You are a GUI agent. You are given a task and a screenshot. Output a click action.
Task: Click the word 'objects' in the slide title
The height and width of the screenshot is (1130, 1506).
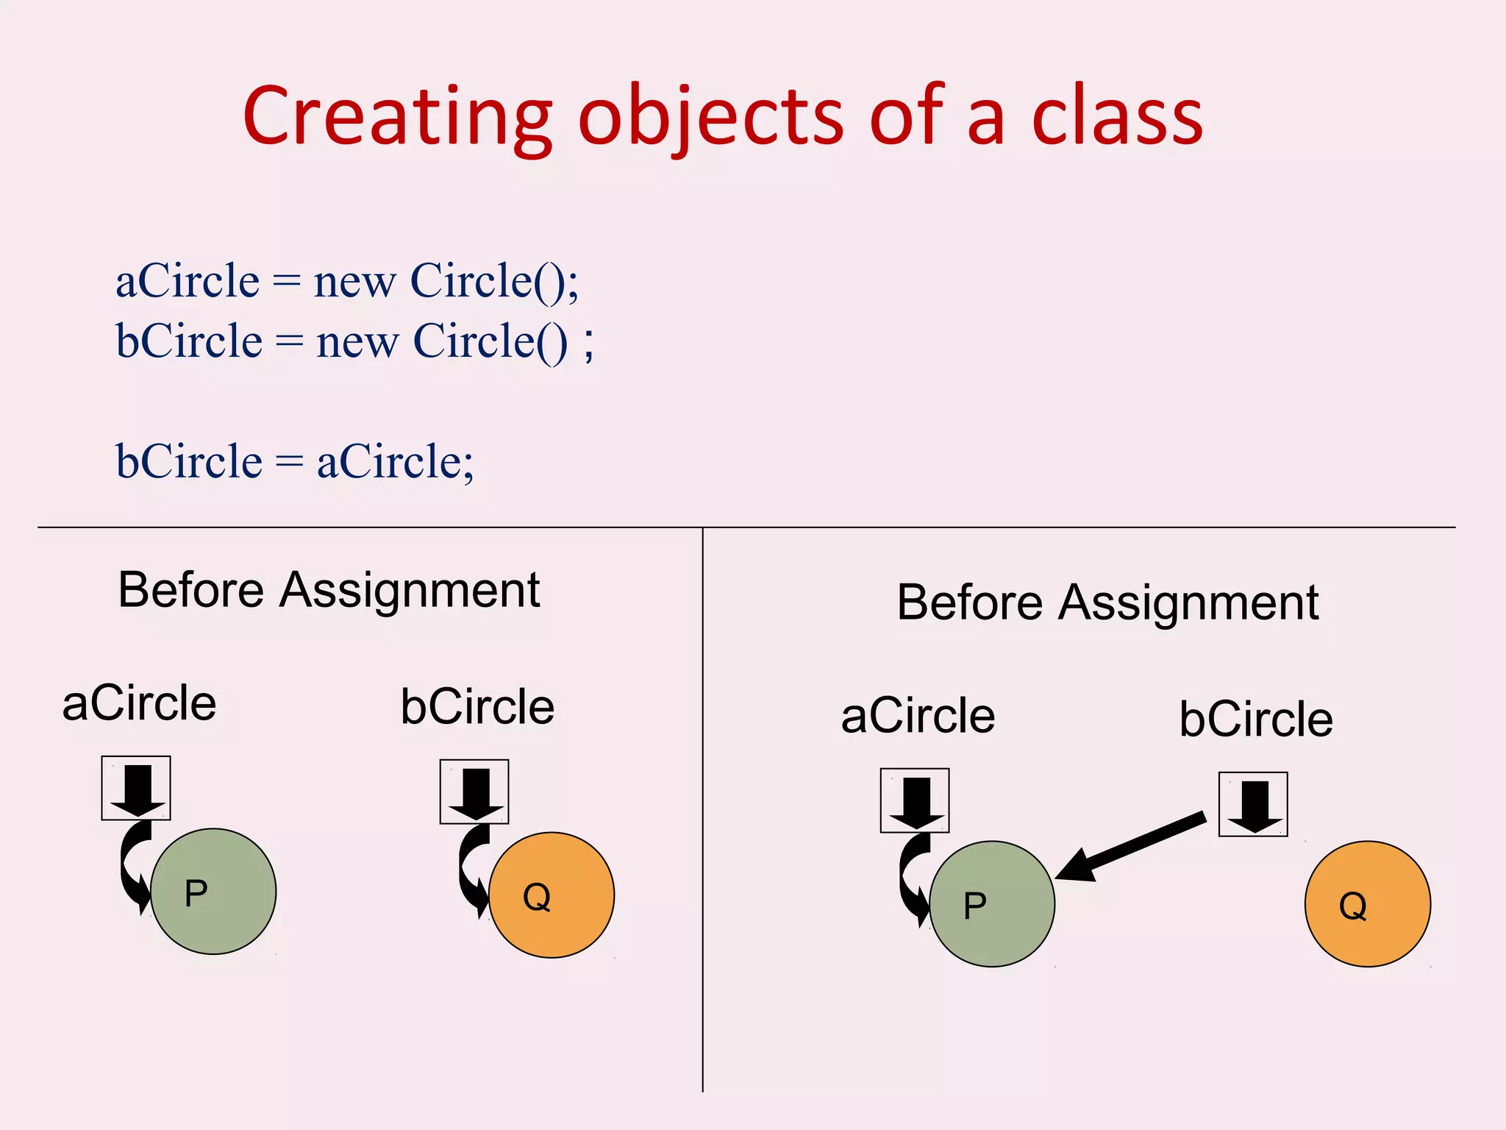click(x=710, y=118)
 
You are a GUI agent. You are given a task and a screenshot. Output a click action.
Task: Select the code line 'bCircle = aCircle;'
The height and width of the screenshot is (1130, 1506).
click(x=295, y=462)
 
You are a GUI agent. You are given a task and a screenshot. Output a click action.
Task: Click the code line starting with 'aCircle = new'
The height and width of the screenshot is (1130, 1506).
click(x=347, y=281)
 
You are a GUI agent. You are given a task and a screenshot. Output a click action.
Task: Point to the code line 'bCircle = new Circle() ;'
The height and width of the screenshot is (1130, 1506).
click(x=354, y=341)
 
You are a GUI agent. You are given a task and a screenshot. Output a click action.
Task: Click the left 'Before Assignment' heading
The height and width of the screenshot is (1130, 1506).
click(x=329, y=590)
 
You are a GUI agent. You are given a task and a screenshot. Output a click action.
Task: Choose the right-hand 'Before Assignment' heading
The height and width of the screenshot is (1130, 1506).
click(x=1107, y=603)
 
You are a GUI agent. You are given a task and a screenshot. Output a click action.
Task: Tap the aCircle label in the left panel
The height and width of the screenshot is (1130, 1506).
click(x=139, y=703)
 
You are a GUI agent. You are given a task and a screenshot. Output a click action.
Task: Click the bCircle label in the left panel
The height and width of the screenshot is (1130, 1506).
click(x=477, y=707)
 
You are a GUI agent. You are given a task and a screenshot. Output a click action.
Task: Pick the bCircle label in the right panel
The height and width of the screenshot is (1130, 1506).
click(x=1256, y=719)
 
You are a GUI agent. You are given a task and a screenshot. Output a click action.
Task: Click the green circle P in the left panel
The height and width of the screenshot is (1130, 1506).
click(x=213, y=892)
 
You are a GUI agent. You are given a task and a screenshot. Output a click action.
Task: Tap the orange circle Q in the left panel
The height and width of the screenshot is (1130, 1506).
click(x=552, y=895)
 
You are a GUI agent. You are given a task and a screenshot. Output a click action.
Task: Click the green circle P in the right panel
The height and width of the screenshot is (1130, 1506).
click(x=992, y=904)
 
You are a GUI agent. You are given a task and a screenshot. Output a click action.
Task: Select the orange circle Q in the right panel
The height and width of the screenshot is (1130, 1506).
click(x=1368, y=904)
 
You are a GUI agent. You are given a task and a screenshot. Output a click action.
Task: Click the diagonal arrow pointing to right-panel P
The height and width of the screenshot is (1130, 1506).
click(x=1131, y=846)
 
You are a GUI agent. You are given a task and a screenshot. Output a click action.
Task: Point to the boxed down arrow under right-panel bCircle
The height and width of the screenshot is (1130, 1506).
click(x=1253, y=804)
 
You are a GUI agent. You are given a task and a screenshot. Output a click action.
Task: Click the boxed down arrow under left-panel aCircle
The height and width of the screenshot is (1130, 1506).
click(x=136, y=788)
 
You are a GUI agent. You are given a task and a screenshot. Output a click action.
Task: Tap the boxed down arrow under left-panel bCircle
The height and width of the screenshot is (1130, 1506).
click(x=474, y=792)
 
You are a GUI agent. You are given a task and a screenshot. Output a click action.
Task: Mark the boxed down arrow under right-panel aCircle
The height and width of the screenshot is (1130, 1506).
click(x=915, y=800)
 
